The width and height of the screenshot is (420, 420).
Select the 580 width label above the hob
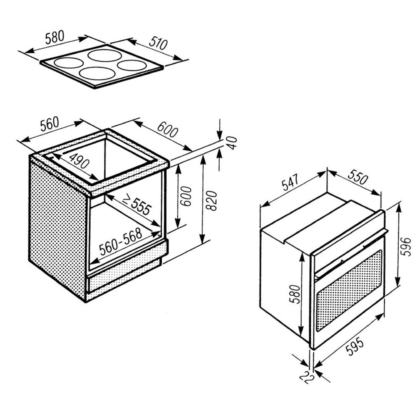[x=55, y=37]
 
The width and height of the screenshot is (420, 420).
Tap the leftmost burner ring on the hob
[x=68, y=63]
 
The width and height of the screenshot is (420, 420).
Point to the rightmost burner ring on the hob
[x=131, y=65]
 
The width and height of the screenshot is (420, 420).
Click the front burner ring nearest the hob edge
[x=97, y=73]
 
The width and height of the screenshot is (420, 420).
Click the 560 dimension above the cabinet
[x=49, y=124]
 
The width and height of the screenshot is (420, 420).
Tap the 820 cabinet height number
[x=213, y=201]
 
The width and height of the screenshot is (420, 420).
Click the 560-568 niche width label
[x=121, y=241]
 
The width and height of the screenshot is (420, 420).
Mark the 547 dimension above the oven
[x=290, y=182]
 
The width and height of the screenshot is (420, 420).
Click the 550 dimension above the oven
[x=358, y=177]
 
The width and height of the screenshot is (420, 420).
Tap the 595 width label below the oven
[x=355, y=347]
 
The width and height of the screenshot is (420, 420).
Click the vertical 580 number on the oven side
[x=295, y=294]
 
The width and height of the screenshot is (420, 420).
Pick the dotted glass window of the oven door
[x=349, y=290]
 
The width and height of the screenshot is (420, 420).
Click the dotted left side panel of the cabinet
[x=57, y=228]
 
